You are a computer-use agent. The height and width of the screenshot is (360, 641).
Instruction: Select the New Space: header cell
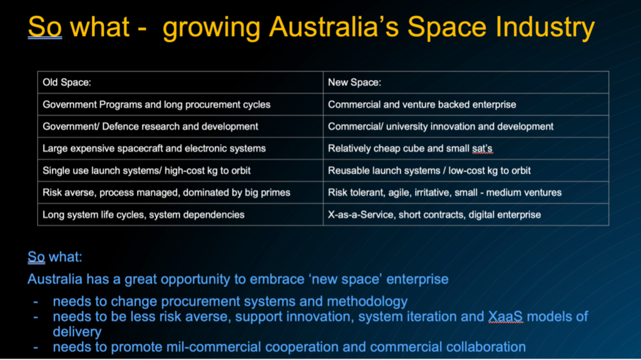coord(466,82)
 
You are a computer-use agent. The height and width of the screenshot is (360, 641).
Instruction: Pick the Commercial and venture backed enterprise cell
coord(466,105)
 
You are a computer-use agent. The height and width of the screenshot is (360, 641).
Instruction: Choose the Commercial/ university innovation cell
coord(466,126)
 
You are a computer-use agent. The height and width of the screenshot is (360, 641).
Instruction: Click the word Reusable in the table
coord(349,170)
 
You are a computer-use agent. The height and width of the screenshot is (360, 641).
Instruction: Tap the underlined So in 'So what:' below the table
coord(36,257)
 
